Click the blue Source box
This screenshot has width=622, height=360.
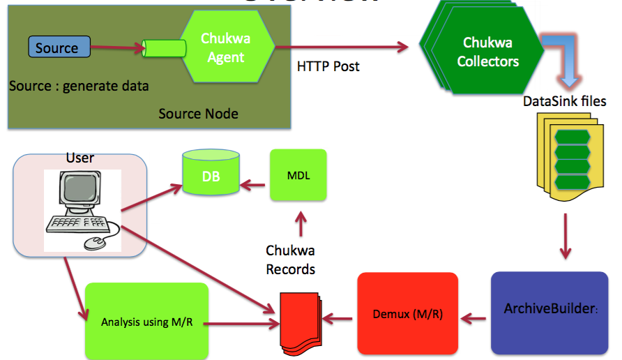click(x=59, y=47)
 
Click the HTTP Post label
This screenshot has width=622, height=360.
click(x=328, y=67)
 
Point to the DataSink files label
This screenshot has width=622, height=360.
click(x=565, y=101)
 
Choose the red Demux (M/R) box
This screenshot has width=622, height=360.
click(x=408, y=314)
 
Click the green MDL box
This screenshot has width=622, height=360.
click(x=298, y=176)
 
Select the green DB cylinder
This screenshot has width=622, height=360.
click(x=211, y=174)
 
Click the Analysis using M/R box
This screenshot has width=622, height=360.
click(x=146, y=322)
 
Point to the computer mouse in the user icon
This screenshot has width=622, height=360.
click(x=95, y=241)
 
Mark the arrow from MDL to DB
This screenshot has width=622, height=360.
click(x=254, y=186)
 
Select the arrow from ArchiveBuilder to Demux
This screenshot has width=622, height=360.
click(x=475, y=319)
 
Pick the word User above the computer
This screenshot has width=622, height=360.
click(x=80, y=158)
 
